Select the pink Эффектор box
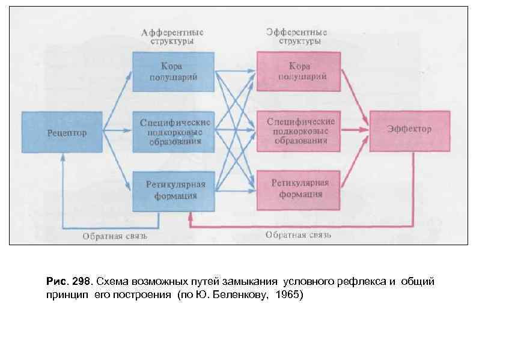(409, 130)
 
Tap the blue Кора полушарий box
(173, 72)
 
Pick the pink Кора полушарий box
(299, 72)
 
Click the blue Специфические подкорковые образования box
(173, 131)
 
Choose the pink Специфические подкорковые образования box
(299, 131)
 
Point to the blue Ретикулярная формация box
(173, 190)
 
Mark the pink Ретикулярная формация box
(299, 190)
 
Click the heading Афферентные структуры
(173, 37)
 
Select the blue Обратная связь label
(115, 236)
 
